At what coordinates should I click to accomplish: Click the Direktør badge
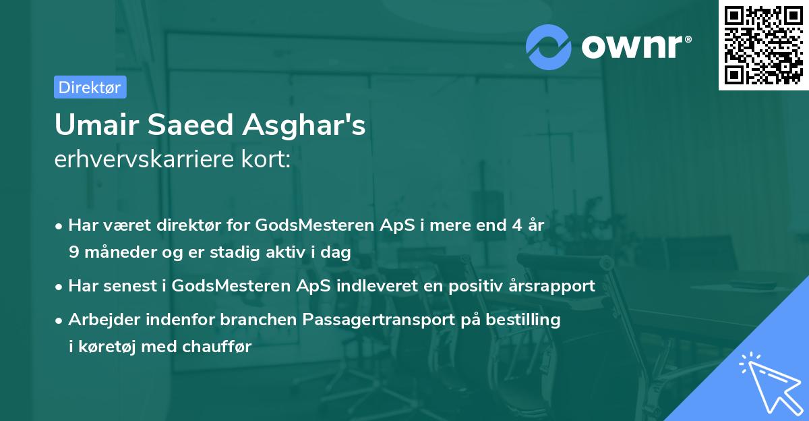pos(90,87)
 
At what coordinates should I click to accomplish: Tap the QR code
pos(763,45)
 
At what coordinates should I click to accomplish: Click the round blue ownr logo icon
pos(549,47)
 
